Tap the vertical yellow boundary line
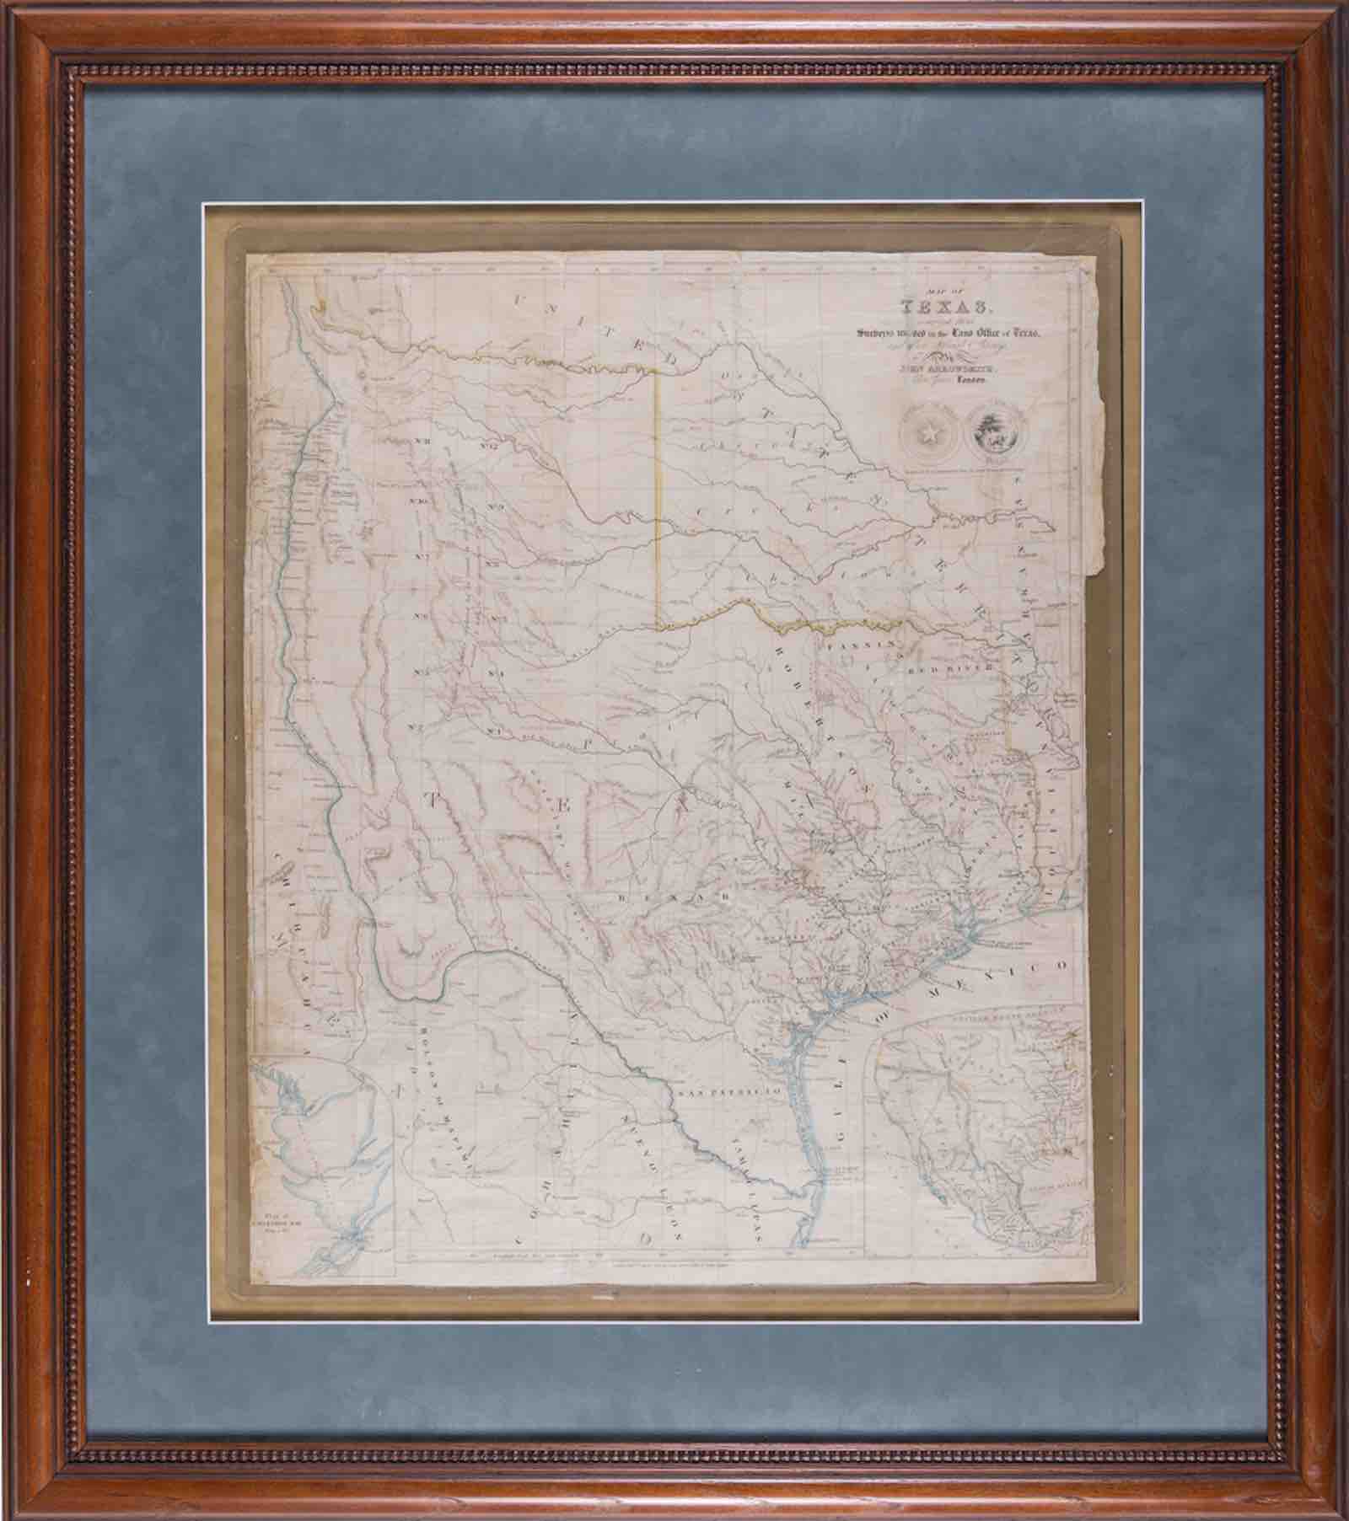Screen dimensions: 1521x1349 [657, 497]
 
